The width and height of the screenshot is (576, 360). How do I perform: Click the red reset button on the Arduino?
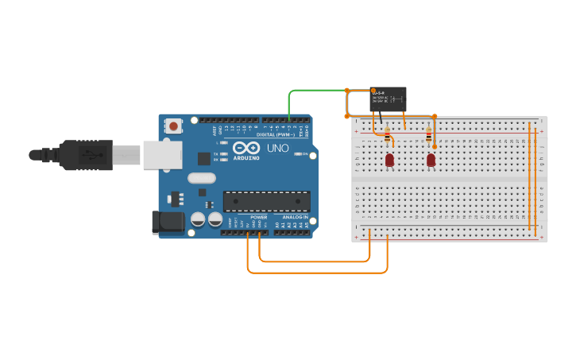tap(173, 126)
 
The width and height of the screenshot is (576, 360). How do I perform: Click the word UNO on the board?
tap(277, 149)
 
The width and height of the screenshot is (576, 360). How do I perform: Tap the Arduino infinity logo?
tap(246, 147)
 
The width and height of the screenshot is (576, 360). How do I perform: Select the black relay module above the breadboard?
tap(389, 100)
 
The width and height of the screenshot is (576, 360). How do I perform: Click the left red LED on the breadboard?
tap(389, 160)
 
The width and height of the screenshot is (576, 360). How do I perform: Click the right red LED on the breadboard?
tap(431, 160)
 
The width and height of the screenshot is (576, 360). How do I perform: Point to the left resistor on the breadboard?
tap(387, 138)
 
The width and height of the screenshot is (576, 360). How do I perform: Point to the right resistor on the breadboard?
tap(429, 137)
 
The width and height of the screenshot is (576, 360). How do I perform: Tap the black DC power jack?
tap(168, 222)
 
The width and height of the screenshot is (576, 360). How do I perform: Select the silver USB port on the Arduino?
tap(162, 155)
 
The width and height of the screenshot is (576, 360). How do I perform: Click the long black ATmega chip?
tap(266, 202)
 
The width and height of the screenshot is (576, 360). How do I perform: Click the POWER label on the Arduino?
tap(259, 217)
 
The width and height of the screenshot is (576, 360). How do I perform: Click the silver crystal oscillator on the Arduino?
tap(202, 178)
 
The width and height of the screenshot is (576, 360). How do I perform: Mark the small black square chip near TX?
tap(205, 157)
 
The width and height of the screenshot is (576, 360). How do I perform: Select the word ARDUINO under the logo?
tap(246, 157)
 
